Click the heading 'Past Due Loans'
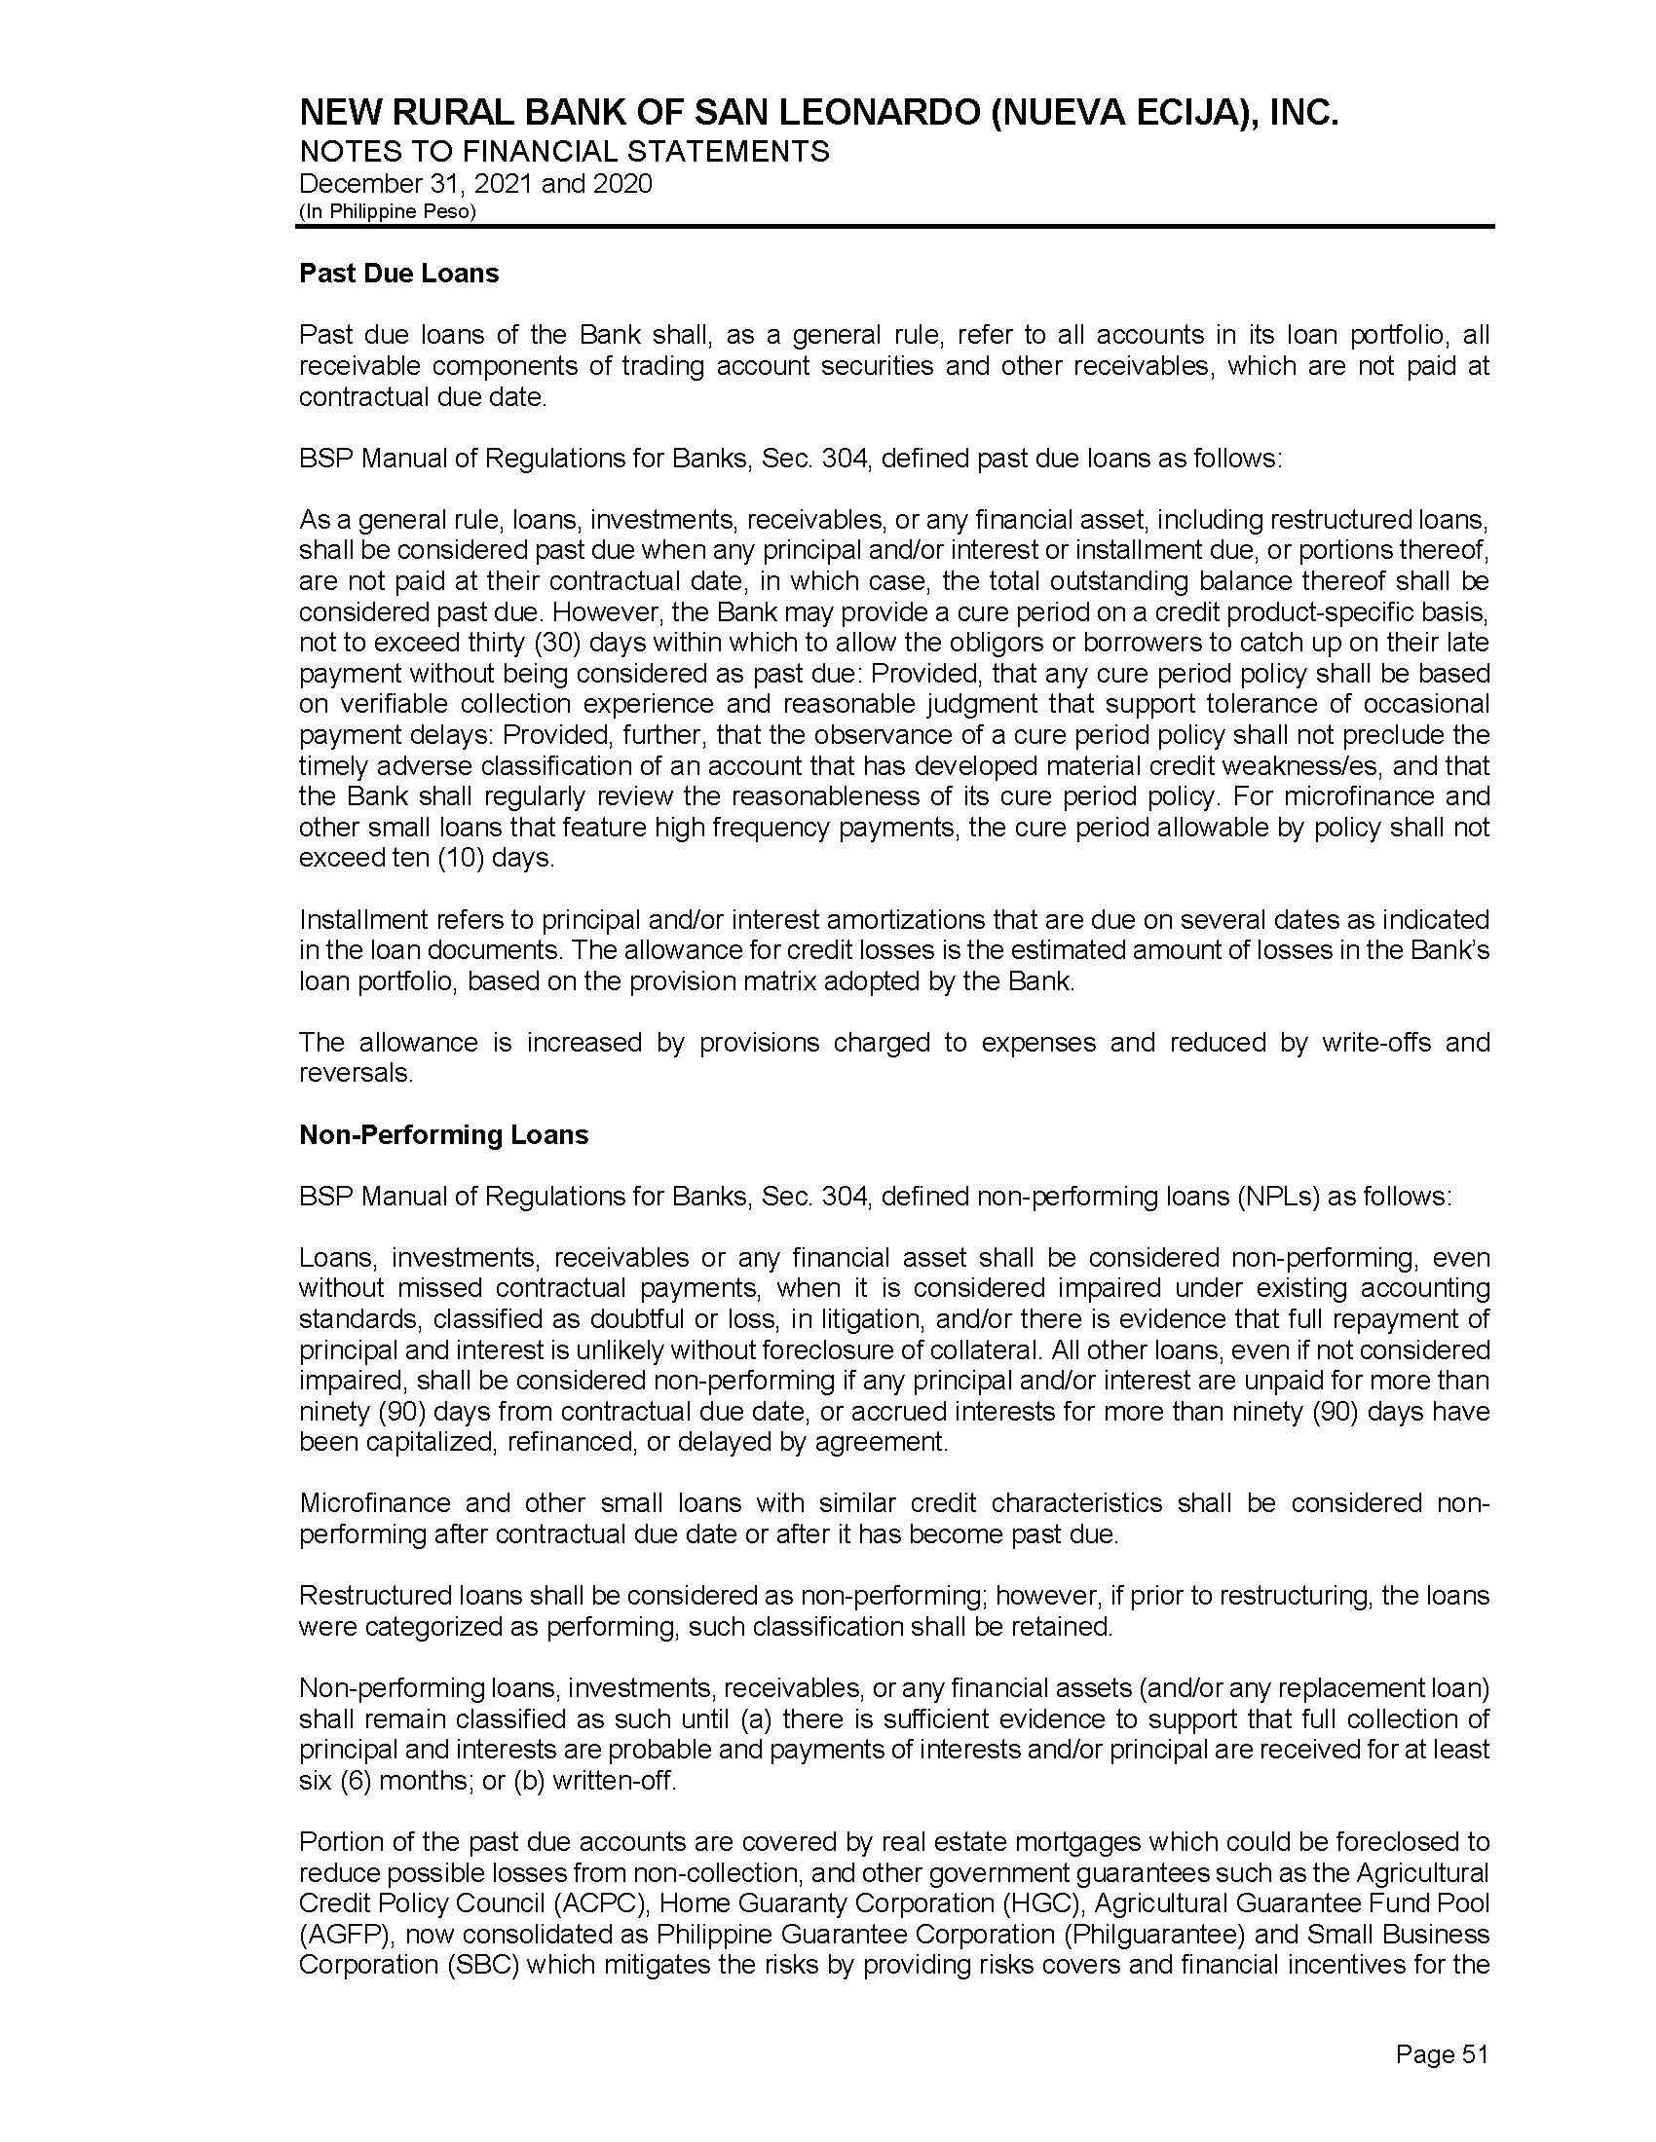398,273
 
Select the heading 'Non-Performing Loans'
443,1134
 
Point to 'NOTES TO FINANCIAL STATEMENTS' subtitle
564,152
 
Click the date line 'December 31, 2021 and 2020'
474,184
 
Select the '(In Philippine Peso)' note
388,212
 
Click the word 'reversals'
354,1073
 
